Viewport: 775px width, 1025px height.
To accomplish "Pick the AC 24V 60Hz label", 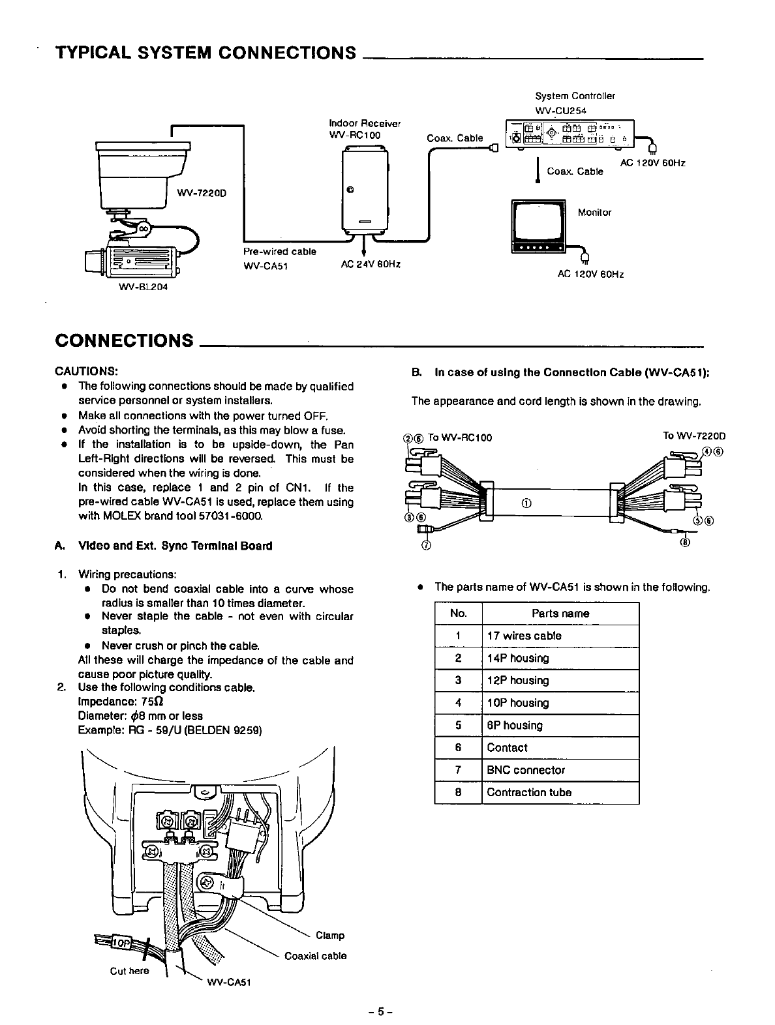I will (370, 264).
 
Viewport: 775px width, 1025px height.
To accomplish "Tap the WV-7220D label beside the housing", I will (202, 192).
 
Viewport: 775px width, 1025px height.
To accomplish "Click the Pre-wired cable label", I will (279, 252).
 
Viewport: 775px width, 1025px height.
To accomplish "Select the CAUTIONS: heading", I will (85, 371).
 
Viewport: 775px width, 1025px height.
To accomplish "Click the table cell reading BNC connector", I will (526, 770).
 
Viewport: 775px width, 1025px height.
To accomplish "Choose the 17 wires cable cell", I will (524, 636).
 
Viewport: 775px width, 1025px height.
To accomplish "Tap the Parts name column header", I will (560, 614).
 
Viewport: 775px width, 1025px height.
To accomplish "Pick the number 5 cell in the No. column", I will (458, 725).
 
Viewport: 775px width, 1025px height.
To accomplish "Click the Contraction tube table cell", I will (529, 792).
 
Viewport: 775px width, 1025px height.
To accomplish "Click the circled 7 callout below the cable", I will (425, 545).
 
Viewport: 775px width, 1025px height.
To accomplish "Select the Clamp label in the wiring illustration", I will (329, 935).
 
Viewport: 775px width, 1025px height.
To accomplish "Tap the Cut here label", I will (129, 971).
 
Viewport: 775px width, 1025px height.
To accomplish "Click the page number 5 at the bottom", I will (378, 1013).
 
